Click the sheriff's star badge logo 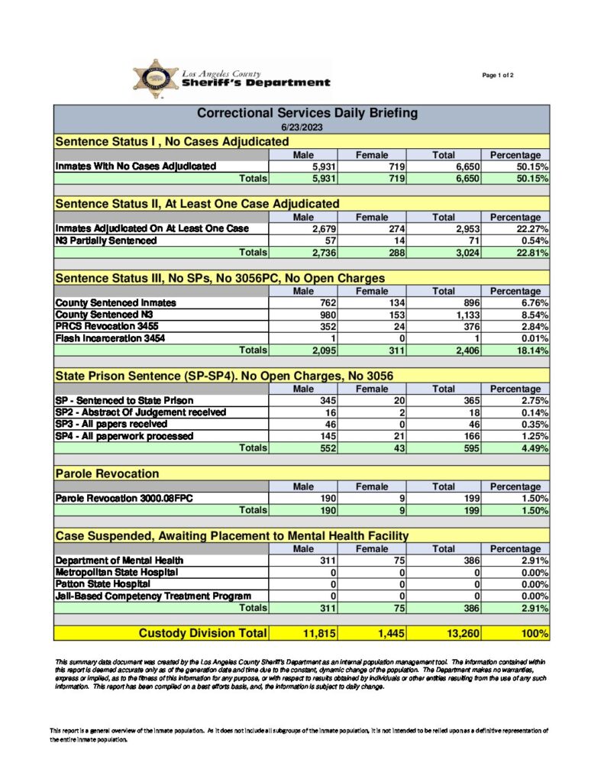pyautogui.click(x=156, y=79)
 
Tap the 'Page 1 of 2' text pyautogui.click(x=498, y=75)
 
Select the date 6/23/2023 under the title pyautogui.click(x=301, y=127)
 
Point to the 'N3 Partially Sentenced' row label pyautogui.click(x=106, y=241)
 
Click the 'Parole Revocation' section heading pyautogui.click(x=107, y=474)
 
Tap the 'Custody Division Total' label pyautogui.click(x=202, y=633)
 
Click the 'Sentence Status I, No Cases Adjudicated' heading pyautogui.click(x=172, y=142)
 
